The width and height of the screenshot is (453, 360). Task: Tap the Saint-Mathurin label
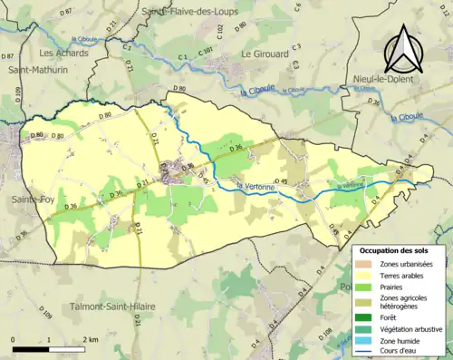point(35,70)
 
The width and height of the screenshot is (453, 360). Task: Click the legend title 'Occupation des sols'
point(396,250)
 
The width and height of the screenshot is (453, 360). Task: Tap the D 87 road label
point(65,14)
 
